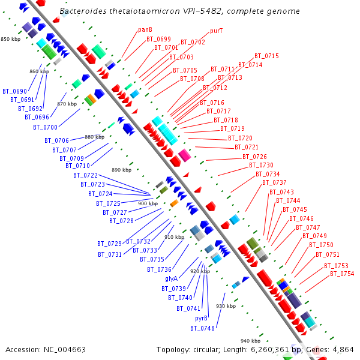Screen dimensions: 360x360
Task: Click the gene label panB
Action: point(145,29)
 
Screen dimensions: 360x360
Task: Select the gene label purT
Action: point(217,31)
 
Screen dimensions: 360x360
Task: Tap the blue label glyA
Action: point(171,279)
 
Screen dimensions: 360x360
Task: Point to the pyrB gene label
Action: point(202,318)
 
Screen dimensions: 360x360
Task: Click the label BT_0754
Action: point(342,274)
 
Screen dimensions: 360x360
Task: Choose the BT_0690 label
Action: point(14,91)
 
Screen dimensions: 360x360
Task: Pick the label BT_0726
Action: point(255,157)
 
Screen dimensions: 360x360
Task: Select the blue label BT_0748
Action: point(202,328)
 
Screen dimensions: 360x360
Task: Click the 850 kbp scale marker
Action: point(10,39)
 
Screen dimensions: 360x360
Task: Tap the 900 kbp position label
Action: point(148,204)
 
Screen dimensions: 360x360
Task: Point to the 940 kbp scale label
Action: point(250,341)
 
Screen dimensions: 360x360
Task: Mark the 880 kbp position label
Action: point(94,137)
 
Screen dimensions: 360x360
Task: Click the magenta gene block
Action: point(185,155)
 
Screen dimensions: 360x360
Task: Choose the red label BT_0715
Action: point(266,56)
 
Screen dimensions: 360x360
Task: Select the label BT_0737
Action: point(274,182)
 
